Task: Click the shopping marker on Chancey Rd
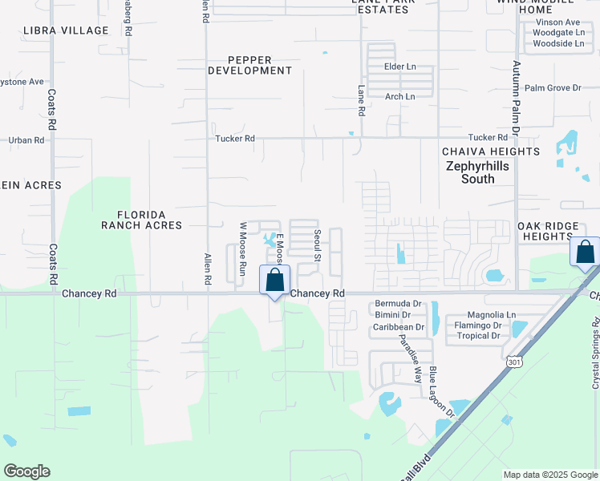274,281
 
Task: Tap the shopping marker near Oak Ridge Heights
586,252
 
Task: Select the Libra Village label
66,30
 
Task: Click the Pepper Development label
249,65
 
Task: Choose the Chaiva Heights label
491,152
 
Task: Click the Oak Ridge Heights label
558,231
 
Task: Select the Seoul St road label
318,246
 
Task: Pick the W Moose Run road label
241,249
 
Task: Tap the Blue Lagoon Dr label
441,392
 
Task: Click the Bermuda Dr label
398,304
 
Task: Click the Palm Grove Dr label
553,88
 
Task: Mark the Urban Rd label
26,140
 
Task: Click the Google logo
26,471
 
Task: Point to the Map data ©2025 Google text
549,475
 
